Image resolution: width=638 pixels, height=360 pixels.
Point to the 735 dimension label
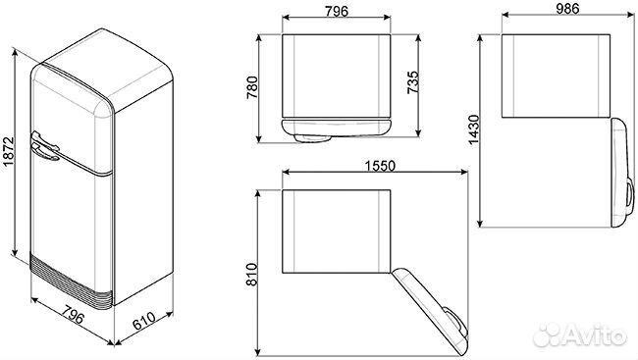[417, 84]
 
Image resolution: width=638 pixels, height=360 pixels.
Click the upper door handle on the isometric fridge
[45, 149]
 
